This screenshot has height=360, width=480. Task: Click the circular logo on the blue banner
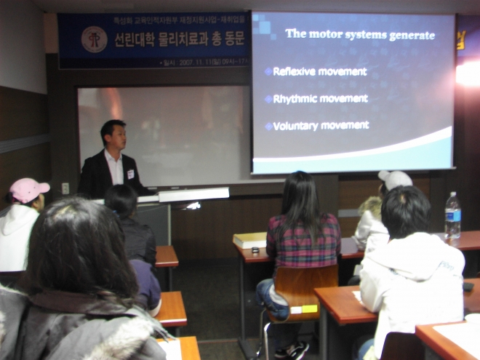coord(94,39)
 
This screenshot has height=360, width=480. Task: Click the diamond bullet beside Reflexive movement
coord(268,71)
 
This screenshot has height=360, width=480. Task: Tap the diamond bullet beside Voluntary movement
coord(268,126)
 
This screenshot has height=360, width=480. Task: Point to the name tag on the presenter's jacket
coord(131,174)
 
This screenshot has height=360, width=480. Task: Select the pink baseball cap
coord(28,190)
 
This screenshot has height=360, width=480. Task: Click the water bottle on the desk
coord(452,215)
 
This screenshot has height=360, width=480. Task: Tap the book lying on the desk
coord(249,239)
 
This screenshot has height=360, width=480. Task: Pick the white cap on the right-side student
coord(395,180)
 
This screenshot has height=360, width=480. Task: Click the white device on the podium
coord(193,193)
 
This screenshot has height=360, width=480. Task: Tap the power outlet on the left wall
coord(65,188)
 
